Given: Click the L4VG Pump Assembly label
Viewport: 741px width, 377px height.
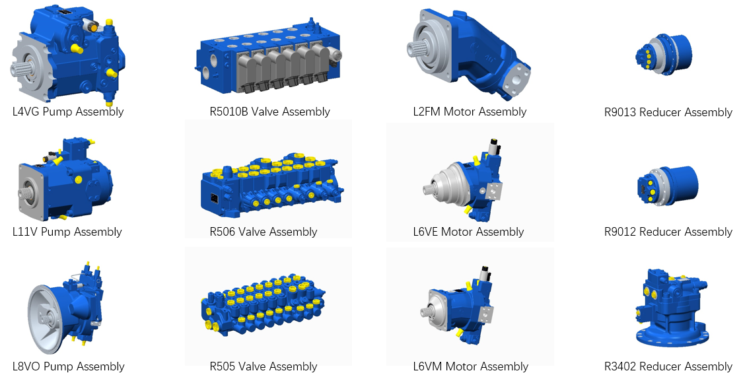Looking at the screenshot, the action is click(68, 112).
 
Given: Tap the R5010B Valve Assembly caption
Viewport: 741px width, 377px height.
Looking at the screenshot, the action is click(270, 112).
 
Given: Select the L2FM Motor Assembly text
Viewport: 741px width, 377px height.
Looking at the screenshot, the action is click(470, 112).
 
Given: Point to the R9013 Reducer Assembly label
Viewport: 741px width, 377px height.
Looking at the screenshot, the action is click(668, 112).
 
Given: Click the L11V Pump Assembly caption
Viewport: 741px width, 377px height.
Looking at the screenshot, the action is click(67, 232).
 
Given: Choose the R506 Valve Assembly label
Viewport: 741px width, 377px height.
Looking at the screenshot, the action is click(264, 232).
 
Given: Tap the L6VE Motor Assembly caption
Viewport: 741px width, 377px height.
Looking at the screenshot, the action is click(468, 232).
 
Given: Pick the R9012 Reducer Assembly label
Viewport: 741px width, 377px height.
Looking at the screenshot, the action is click(668, 232).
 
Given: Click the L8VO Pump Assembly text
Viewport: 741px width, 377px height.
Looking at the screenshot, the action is click(69, 366).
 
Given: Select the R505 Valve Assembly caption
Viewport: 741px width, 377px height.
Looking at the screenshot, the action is click(264, 366).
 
